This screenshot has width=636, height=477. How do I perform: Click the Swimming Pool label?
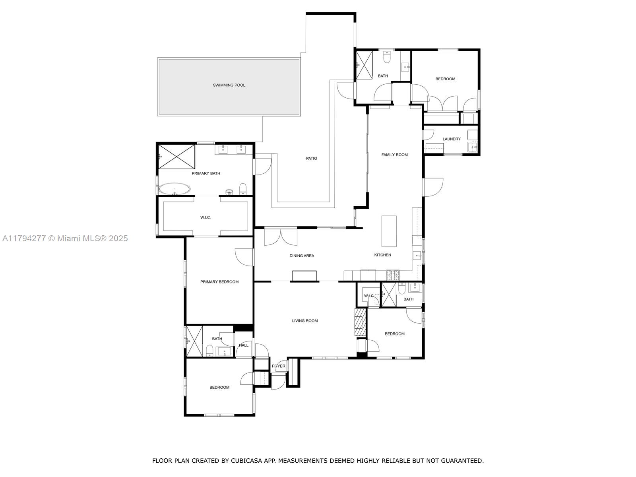(x=229, y=85)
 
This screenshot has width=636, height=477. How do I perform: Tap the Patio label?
(x=312, y=159)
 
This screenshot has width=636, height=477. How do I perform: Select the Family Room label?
(x=394, y=155)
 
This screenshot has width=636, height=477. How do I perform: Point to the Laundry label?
(x=452, y=139)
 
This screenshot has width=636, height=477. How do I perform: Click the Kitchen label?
(x=382, y=255)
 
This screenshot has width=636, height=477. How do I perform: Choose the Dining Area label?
(x=302, y=256)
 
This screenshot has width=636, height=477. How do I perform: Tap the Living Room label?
(x=305, y=321)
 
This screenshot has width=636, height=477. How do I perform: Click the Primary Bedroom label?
(x=219, y=282)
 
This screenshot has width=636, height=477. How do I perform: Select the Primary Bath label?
(x=206, y=173)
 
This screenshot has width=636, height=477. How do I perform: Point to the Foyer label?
(x=279, y=366)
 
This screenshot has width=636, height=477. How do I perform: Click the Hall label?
(x=244, y=345)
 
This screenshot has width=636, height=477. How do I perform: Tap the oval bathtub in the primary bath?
(x=175, y=189)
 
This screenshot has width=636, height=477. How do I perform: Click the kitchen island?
(x=389, y=231)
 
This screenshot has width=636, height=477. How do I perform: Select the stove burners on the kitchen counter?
(x=393, y=275)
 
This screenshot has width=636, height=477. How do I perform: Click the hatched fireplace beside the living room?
(x=361, y=322)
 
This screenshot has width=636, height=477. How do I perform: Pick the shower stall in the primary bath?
(x=177, y=157)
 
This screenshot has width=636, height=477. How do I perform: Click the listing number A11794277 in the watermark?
(x=24, y=238)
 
